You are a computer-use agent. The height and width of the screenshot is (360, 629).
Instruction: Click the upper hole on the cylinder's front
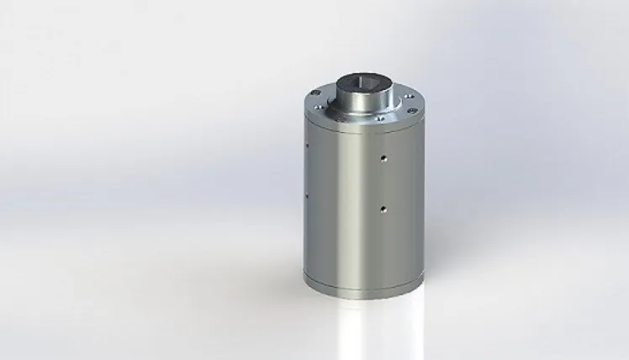[x=383, y=156]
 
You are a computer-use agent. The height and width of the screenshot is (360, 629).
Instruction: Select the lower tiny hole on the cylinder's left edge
[x=307, y=197]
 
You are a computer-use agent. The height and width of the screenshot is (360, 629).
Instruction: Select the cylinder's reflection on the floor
[x=362, y=324]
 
